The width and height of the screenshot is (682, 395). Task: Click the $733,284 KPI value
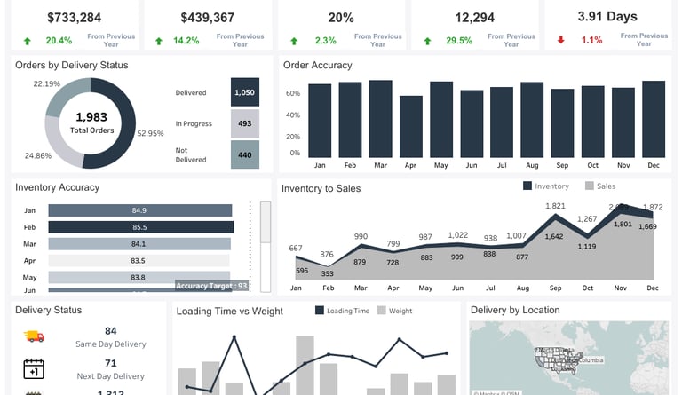click(x=75, y=17)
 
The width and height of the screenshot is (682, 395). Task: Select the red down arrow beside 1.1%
click(x=560, y=40)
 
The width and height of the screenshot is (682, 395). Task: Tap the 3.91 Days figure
click(x=607, y=16)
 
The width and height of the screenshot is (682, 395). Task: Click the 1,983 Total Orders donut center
click(x=91, y=122)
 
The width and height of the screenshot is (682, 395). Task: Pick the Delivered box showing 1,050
click(x=244, y=91)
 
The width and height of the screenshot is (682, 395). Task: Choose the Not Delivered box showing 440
click(x=244, y=154)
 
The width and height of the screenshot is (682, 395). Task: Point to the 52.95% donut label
click(x=151, y=133)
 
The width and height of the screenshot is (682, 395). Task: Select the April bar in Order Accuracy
click(x=411, y=126)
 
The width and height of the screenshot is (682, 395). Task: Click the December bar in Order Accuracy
click(x=654, y=119)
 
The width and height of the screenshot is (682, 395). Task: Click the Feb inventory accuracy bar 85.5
click(x=140, y=227)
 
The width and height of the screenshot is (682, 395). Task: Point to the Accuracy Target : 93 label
click(x=211, y=286)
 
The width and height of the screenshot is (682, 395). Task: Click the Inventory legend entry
click(x=546, y=186)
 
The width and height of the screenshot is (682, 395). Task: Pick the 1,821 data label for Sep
click(x=555, y=206)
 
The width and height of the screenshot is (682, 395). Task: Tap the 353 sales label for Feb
click(x=327, y=274)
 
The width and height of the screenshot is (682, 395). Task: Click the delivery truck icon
click(x=34, y=336)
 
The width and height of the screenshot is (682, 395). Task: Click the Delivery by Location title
click(x=515, y=310)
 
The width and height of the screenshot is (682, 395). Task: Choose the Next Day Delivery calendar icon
click(x=34, y=368)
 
